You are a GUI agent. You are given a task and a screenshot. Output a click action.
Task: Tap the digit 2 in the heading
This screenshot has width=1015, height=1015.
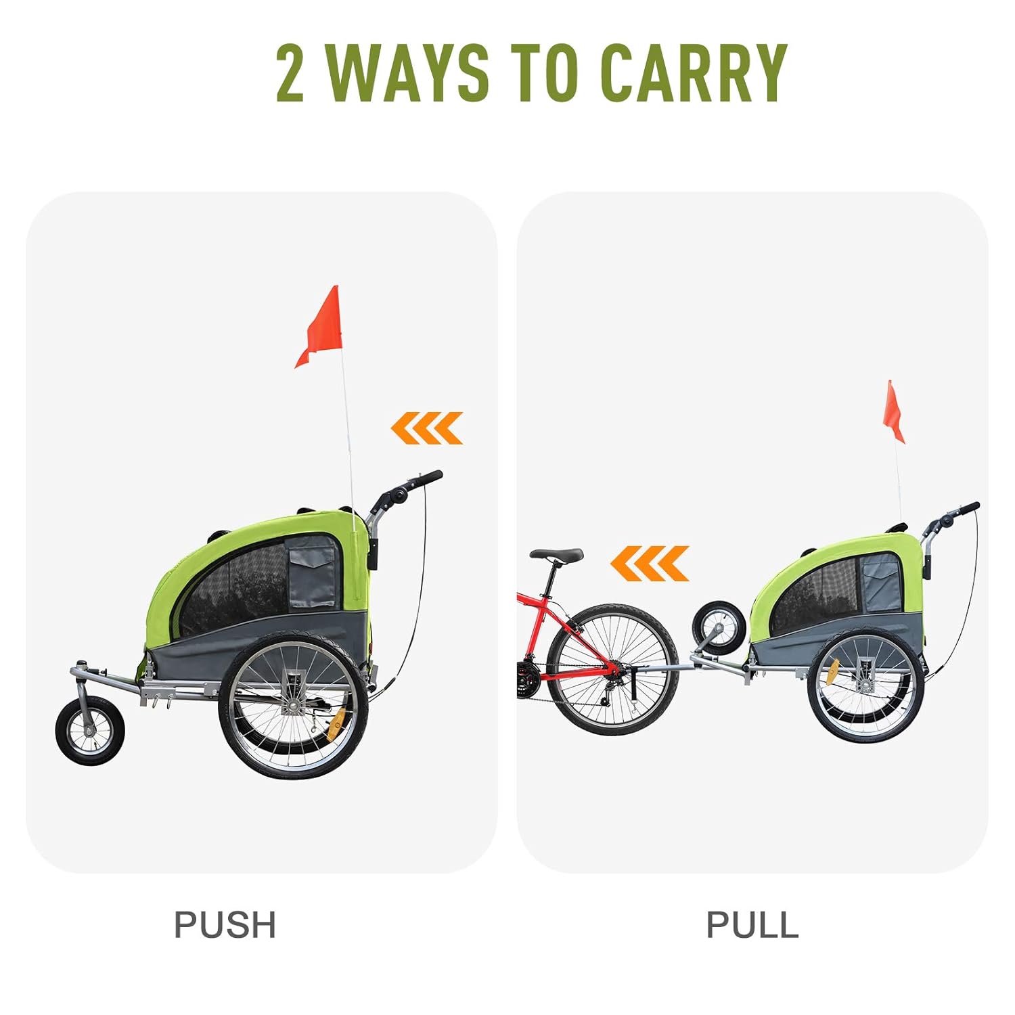click(x=290, y=72)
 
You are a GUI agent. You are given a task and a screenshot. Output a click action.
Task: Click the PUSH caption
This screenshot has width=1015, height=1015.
click(x=225, y=924)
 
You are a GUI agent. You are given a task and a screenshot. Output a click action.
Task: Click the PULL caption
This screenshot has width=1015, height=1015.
click(x=752, y=924)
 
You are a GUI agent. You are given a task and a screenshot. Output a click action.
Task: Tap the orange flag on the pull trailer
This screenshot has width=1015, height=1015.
click(x=893, y=411)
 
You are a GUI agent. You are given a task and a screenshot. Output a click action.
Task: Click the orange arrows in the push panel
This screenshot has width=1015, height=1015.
click(x=427, y=428)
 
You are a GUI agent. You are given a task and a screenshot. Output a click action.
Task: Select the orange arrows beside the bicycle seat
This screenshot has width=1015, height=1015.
click(x=650, y=563)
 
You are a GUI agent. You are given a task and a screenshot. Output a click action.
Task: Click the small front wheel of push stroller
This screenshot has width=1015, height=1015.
click(x=89, y=731)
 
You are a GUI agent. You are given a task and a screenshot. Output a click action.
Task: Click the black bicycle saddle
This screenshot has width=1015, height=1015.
click(x=556, y=555)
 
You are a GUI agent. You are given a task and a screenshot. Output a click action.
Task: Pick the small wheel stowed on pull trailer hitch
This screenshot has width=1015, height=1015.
click(x=719, y=627)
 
